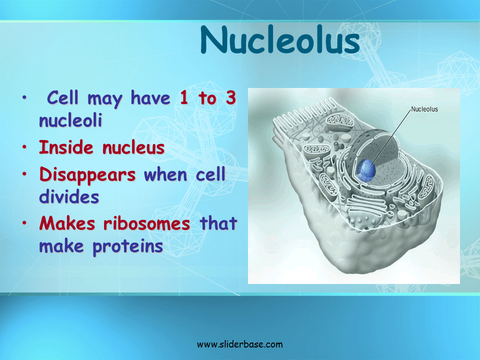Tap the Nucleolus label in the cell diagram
424,109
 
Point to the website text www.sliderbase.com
240,344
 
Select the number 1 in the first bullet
184,98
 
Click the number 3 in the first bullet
230,98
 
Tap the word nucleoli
70,120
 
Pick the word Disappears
87,175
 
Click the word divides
69,196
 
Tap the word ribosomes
147,224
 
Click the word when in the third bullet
165,175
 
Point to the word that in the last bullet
218,224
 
